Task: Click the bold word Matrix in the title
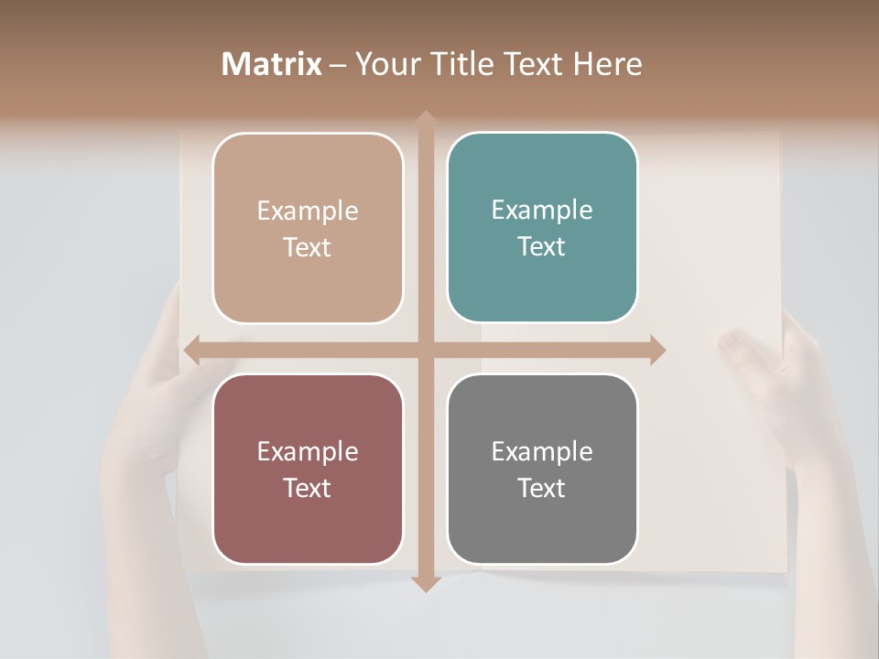coord(272,64)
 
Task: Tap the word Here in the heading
coord(608,64)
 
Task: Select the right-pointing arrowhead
coord(657,350)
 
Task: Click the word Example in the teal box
coord(542,210)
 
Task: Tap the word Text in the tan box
coord(308,247)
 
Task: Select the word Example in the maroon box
coord(308,451)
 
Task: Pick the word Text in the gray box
coord(542,488)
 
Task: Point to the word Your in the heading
coord(384,64)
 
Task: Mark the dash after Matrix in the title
coord(338,65)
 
